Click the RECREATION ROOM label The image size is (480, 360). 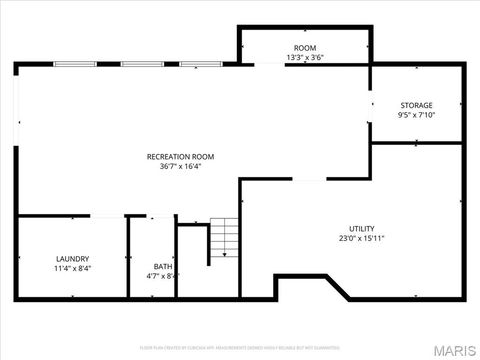click(x=180, y=156)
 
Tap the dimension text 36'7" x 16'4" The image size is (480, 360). click(x=180, y=167)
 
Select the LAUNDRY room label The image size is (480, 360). click(x=72, y=258)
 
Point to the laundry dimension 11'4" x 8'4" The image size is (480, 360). click(x=72, y=268)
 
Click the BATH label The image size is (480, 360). click(x=161, y=266)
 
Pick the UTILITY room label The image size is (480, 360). click(x=361, y=229)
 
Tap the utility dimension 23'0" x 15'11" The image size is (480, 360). click(x=361, y=239)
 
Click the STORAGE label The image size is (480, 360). click(x=416, y=105)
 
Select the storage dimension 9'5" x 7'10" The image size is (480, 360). click(x=416, y=115)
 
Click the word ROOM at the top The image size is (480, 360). click(x=304, y=48)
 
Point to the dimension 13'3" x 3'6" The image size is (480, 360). click(x=304, y=58)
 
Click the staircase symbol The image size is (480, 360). click(x=225, y=240)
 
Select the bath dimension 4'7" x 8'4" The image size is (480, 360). click(x=161, y=276)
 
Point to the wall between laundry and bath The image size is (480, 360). click(x=128, y=256)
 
